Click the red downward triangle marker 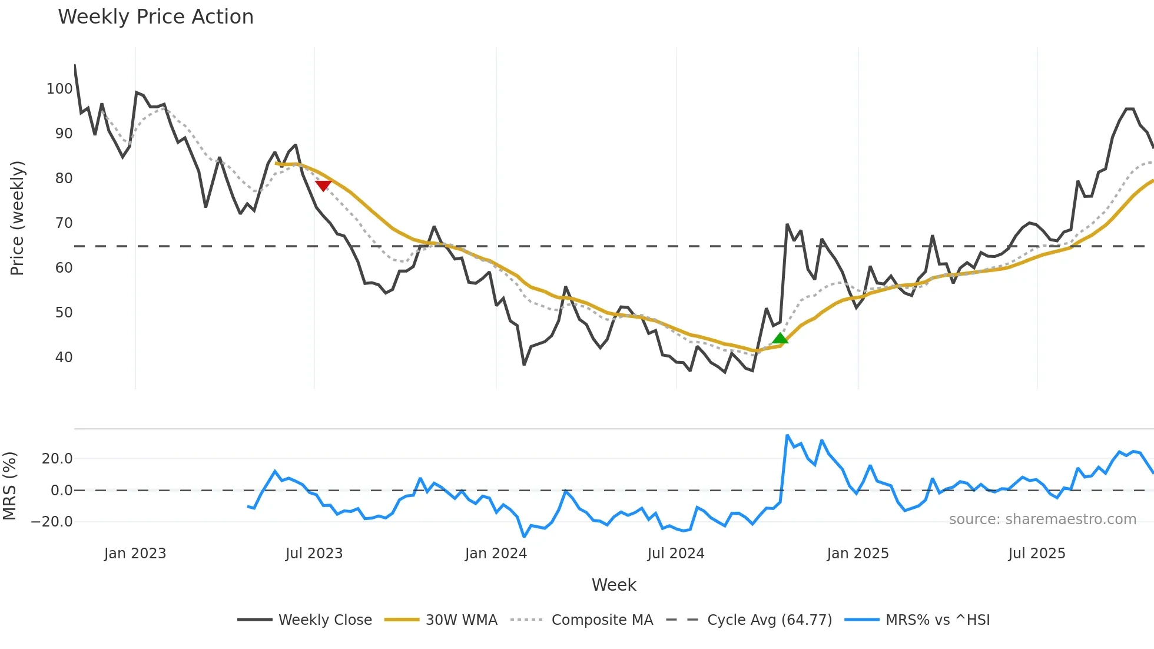point(323,186)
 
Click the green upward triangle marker point(780,338)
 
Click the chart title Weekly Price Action point(155,17)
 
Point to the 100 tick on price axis point(59,89)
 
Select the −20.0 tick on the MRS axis point(52,522)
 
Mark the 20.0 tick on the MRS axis point(57,459)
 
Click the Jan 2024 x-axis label point(496,554)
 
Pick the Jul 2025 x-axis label point(1036,554)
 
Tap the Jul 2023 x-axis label point(314,554)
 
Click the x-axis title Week point(614,585)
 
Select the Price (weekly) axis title point(17,218)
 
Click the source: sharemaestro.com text point(1042,519)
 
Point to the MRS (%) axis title point(9,486)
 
